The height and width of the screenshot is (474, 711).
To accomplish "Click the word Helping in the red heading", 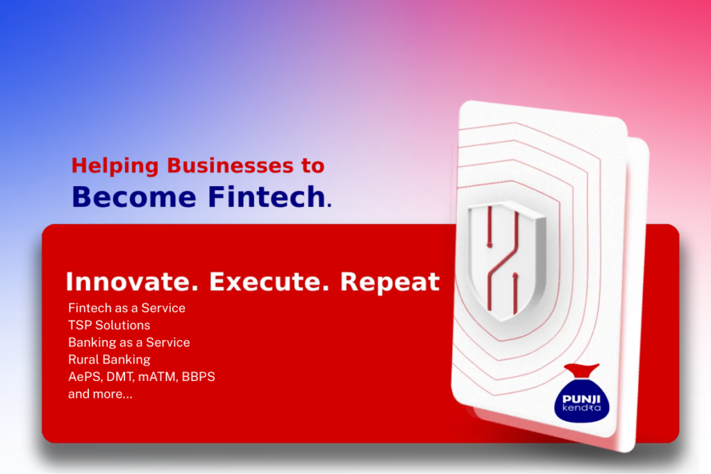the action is click(x=115, y=166).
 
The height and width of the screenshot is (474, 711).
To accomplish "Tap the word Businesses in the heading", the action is click(x=231, y=165).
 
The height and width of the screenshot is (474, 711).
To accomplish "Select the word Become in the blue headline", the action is click(x=134, y=197).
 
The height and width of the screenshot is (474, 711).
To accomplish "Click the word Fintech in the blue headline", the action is click(x=267, y=197).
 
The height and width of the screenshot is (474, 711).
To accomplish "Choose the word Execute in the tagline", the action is click(x=269, y=281).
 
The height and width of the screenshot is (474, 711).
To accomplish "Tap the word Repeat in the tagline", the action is click(x=390, y=281).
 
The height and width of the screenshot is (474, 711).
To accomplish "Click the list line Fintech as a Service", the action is click(x=126, y=308).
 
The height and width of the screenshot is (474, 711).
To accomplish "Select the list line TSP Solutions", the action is click(x=109, y=325).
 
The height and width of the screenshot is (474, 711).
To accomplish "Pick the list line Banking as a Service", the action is click(x=128, y=343).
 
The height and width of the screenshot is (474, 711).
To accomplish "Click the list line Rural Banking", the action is click(x=109, y=359).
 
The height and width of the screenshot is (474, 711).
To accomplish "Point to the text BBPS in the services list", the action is click(x=198, y=377).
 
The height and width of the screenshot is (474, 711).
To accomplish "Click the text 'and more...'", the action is click(x=100, y=394).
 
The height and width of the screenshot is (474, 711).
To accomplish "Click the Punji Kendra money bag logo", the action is click(x=582, y=393).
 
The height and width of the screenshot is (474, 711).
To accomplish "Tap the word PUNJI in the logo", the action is click(x=581, y=399).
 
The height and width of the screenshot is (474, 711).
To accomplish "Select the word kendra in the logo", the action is click(x=581, y=408).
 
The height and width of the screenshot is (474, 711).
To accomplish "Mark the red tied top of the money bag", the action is click(x=582, y=370).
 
